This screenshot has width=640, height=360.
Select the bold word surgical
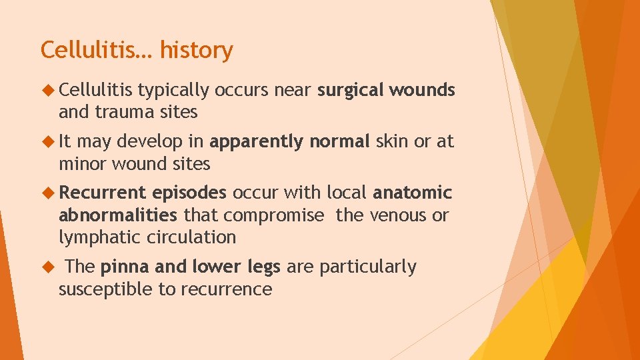tap(351, 90)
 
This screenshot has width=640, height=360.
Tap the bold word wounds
tap(423, 90)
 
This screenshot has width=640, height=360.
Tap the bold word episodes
tap(189, 193)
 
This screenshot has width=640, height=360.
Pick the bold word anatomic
tap(412, 193)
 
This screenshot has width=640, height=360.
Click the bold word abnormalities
tap(118, 215)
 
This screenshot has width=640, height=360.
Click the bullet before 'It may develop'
tap(46, 141)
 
